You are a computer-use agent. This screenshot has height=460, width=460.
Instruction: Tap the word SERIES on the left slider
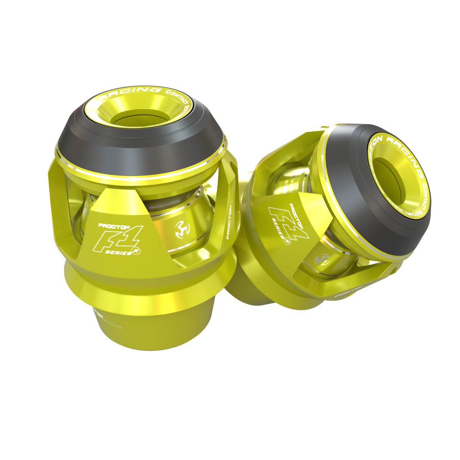(118, 252)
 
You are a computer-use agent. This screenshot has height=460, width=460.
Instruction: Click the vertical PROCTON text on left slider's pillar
(229, 222)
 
